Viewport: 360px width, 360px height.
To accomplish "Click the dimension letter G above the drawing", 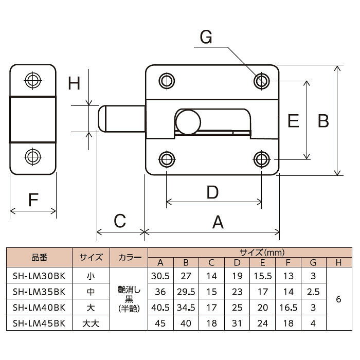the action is click(206, 37).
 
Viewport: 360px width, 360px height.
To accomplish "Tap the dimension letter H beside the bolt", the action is click(74, 83).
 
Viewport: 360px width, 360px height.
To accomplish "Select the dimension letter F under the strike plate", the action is click(33, 200).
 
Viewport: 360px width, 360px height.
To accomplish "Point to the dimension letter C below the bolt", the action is click(120, 221).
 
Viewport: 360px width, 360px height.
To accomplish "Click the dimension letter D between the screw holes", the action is click(212, 192).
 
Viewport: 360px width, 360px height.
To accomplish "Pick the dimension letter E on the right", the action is click(293, 120).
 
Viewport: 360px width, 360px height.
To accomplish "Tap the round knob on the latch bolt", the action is click(188, 122).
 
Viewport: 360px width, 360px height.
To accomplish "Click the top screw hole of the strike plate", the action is click(33, 80).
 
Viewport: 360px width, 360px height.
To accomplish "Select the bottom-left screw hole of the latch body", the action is click(167, 159).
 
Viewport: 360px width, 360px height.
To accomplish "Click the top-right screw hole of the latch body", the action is click(261, 81).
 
